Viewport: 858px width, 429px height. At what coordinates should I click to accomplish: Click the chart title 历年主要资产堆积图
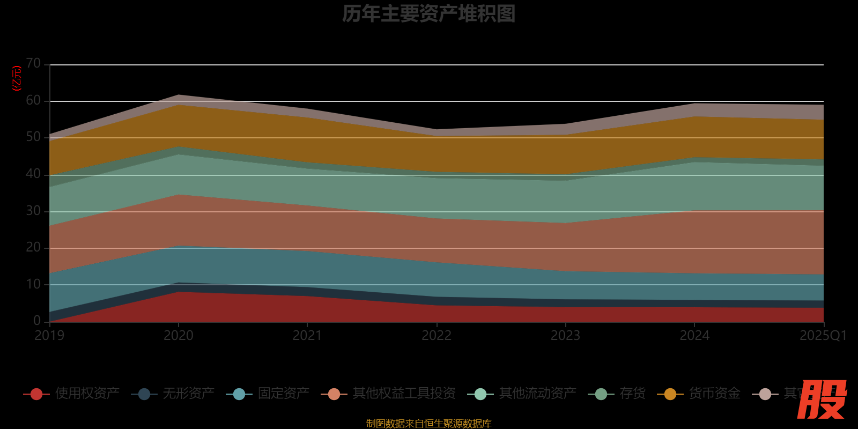point(428,14)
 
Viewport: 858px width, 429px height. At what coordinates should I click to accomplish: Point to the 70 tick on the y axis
point(33,64)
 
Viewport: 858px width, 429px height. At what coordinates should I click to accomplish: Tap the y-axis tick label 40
point(33,174)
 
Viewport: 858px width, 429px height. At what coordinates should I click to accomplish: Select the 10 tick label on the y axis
point(33,284)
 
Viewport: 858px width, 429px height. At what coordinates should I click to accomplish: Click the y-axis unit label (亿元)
point(17,78)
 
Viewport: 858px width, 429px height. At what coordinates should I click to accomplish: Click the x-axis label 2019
point(49,336)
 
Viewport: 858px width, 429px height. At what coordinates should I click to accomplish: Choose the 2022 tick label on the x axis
point(437,336)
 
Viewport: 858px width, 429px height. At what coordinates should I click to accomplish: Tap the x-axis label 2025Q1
point(823,336)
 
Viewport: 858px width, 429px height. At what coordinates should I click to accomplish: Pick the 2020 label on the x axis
point(179,336)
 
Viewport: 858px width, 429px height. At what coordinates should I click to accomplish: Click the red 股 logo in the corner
point(822,400)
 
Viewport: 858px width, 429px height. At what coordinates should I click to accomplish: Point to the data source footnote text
point(428,424)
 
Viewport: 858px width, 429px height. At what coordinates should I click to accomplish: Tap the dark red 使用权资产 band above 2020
point(179,307)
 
